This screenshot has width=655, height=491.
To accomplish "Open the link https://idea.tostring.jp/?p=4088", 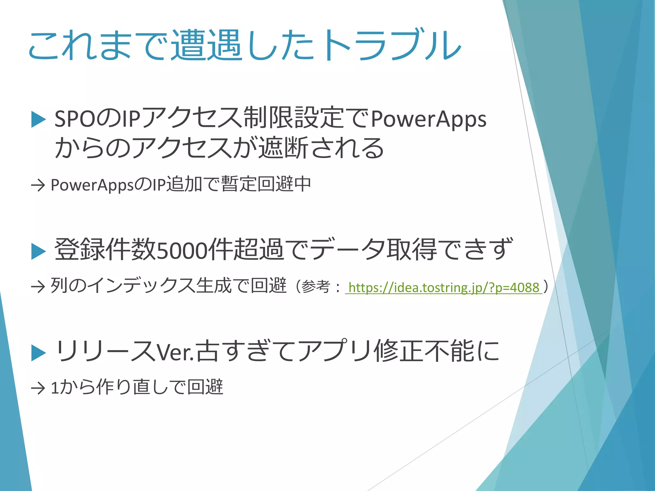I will [444, 287].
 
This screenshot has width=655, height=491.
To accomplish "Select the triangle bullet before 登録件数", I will [39, 251].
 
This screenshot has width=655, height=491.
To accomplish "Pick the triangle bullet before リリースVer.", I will [39, 353].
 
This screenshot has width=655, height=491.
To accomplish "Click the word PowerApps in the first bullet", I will [429, 119].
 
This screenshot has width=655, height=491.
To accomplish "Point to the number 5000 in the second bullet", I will [182, 251].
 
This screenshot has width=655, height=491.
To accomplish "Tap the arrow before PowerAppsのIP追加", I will [38, 185].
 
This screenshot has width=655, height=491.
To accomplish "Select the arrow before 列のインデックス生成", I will [38, 287].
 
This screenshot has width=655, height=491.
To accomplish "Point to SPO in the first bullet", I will [75, 119].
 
